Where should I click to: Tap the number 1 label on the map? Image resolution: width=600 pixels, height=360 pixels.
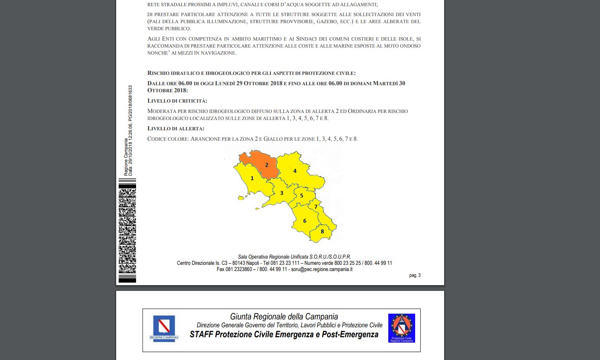(x=252, y=178)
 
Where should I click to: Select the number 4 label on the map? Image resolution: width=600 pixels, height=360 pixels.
(x=295, y=171)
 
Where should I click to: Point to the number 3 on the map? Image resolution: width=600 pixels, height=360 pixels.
(x=282, y=193)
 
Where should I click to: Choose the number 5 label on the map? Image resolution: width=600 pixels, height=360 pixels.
(x=301, y=196)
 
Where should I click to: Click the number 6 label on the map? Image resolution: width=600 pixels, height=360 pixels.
(x=305, y=221)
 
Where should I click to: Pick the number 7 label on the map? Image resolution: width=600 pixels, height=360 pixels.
(x=316, y=206)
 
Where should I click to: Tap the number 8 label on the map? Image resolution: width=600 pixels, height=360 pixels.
(x=323, y=231)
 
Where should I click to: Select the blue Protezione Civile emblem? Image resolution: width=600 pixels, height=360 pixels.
(x=402, y=328)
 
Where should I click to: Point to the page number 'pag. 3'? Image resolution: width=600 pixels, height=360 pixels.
(x=415, y=275)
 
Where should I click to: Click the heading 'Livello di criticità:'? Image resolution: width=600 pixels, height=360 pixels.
(x=177, y=101)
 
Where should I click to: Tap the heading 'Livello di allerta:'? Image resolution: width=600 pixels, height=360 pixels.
(x=176, y=128)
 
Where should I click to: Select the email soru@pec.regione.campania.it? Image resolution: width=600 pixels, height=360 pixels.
(x=322, y=269)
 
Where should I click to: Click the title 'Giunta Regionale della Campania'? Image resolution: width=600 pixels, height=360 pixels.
(x=284, y=317)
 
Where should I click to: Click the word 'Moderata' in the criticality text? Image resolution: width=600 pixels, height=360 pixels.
(x=162, y=111)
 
